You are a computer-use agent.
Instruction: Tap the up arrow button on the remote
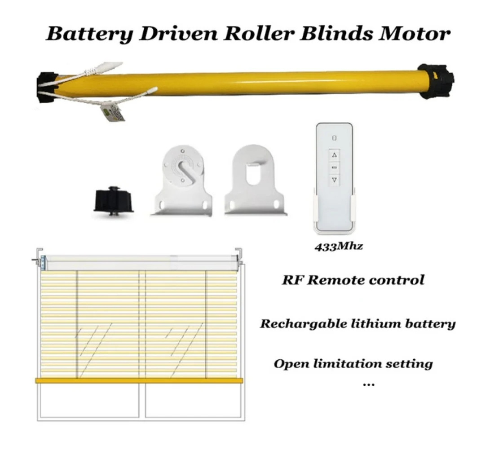334,155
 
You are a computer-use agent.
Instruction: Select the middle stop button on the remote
334,167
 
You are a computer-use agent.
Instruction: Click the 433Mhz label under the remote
333,247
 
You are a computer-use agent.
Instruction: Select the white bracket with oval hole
255,182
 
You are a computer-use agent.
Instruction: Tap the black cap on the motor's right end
435,81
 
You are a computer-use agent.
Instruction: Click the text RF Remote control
353,280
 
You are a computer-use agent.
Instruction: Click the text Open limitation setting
353,363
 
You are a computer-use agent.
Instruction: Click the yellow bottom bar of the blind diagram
139,380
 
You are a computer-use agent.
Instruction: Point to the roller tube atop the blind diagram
139,262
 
